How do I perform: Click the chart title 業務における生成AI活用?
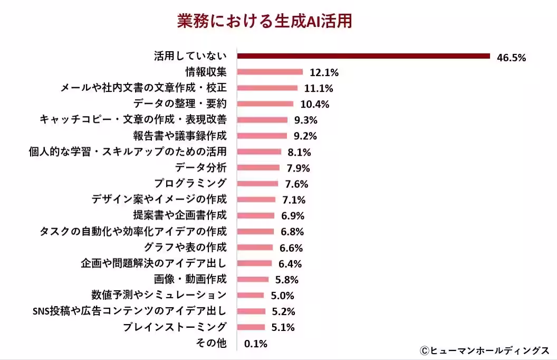point(264,21)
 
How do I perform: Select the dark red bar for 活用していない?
point(363,56)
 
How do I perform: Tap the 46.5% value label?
point(511,58)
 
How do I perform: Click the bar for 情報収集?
point(270,72)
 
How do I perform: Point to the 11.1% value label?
point(319,89)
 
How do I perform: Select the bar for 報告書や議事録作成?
point(262,136)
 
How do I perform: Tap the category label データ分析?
point(200,168)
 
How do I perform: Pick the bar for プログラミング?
point(258,184)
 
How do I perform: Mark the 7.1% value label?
point(294,200)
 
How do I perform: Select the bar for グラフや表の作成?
point(255,247)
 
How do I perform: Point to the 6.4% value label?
point(291,263)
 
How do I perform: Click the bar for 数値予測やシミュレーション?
point(251,295)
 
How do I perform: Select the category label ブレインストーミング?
point(175,327)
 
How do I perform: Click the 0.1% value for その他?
point(256,344)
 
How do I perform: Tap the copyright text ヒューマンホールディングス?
point(485,350)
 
